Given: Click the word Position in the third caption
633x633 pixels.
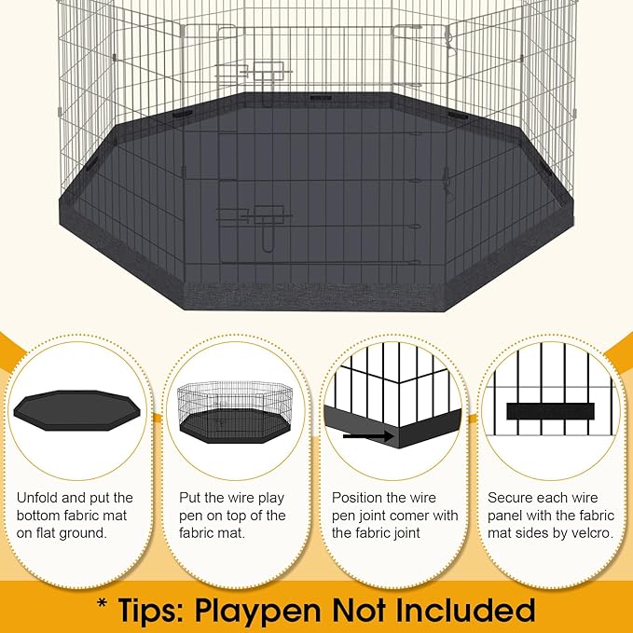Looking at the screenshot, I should coord(358,498).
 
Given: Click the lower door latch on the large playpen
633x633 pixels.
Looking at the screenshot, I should coord(254,220).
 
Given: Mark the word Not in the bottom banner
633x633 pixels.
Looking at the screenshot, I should coord(379,611).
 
